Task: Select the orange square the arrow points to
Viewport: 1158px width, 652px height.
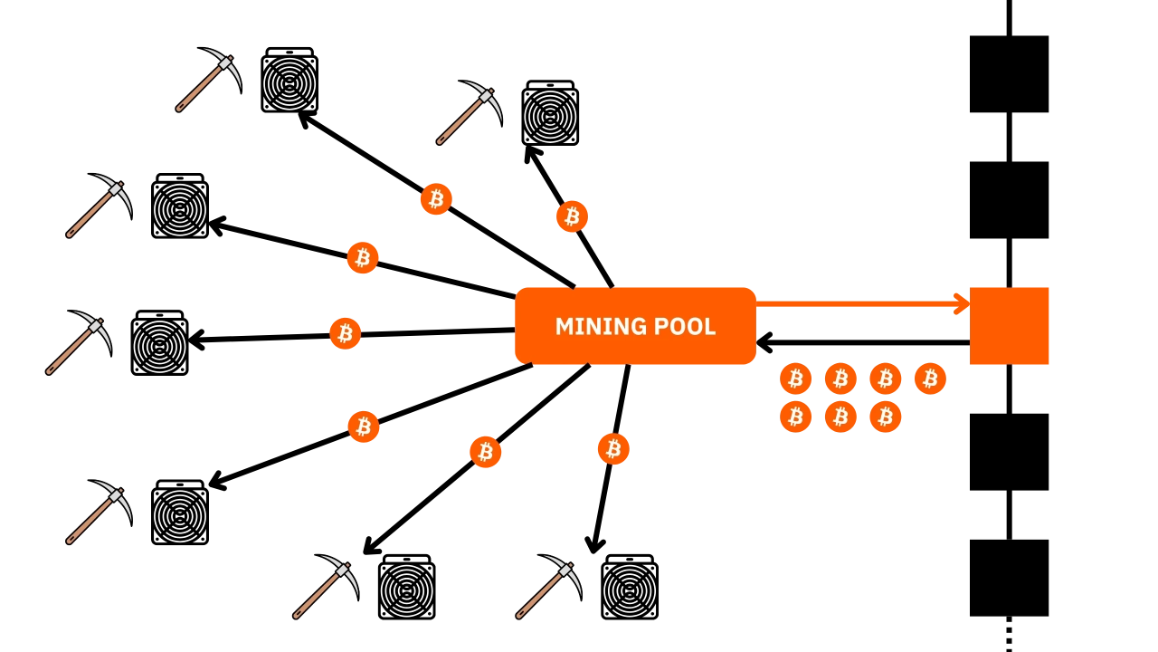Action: pos(1010,326)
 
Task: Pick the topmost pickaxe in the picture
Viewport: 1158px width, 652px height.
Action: pos(208,80)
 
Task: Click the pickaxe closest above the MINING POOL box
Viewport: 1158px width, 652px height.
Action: pos(469,112)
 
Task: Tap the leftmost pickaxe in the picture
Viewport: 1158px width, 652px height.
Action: pos(78,343)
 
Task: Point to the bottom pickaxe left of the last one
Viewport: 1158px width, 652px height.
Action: pos(326,587)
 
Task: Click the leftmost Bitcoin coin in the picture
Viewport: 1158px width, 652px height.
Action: pos(345,333)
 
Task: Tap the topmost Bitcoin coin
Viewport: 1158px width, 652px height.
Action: pos(436,199)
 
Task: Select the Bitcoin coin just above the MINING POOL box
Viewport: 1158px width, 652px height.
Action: pos(572,216)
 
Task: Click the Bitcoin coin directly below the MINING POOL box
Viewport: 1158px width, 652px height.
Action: pos(612,448)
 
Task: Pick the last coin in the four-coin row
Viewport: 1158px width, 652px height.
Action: pos(930,379)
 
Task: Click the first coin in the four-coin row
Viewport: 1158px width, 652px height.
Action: pos(795,379)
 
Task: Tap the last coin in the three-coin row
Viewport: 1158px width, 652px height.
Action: pos(886,417)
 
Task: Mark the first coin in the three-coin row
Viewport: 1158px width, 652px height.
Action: pos(795,417)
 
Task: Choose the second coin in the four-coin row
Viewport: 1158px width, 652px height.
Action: pos(840,379)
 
